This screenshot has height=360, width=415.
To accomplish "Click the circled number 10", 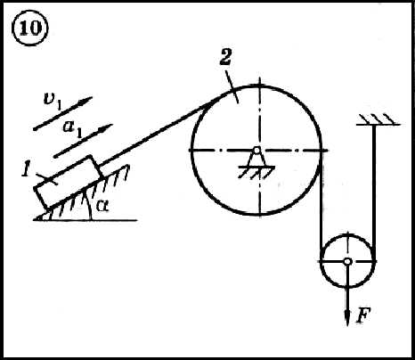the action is point(29,29).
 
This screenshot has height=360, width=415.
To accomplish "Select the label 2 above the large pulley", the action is point(225,58).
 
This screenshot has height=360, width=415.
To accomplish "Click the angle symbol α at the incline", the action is point(102,206).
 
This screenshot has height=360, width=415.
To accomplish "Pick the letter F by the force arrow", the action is point(363,315).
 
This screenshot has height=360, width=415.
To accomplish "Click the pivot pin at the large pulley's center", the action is point(256,151).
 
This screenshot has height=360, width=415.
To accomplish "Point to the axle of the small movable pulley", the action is point(347,261).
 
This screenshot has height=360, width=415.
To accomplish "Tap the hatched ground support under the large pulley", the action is point(256,172).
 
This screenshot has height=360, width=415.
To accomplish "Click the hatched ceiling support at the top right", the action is point(378,119).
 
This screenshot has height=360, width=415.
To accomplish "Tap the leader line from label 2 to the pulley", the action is point(232,86).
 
